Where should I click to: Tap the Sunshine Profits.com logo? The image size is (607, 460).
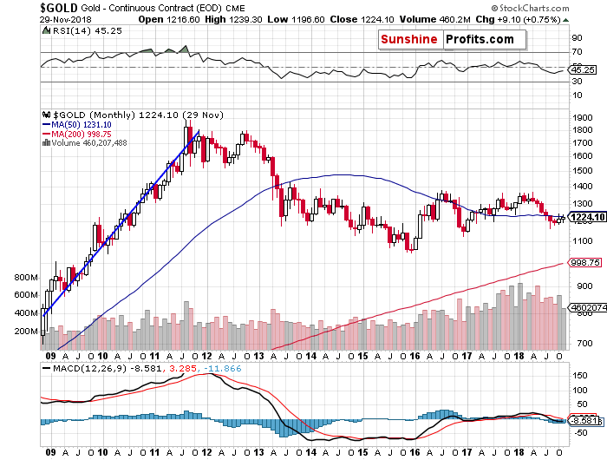(x=453, y=39)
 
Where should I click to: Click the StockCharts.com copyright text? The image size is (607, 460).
(x=559, y=7)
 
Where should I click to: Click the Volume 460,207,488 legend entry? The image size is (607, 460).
(x=87, y=143)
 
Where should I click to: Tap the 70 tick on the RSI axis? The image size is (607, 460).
(x=576, y=52)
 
